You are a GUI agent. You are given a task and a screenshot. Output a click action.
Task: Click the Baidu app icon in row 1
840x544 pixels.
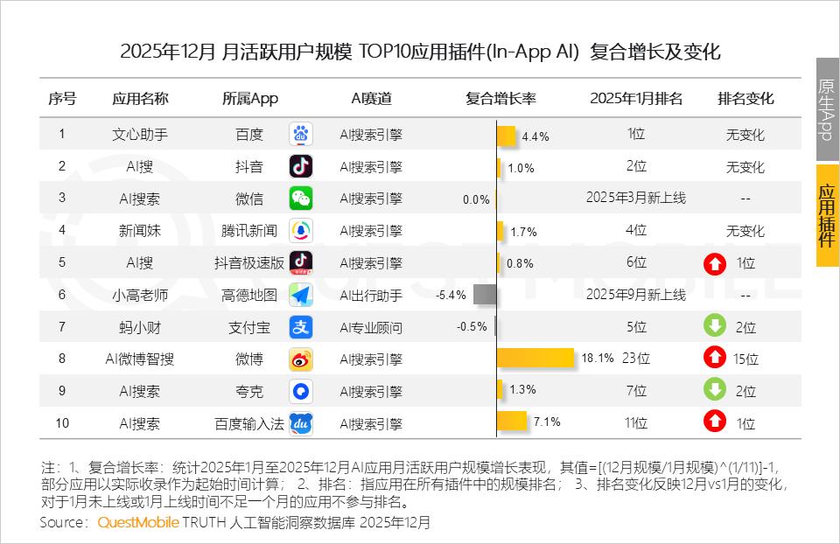click(301, 135)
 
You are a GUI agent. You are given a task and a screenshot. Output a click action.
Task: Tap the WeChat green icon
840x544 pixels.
click(301, 199)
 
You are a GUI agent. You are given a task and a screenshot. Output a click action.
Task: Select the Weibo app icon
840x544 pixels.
click(301, 359)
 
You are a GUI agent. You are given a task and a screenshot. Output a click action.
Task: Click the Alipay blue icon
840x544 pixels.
click(301, 327)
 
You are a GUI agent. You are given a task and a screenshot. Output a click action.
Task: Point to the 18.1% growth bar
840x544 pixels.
click(535, 359)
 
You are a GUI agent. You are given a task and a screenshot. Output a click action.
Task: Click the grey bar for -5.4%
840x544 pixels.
click(485, 295)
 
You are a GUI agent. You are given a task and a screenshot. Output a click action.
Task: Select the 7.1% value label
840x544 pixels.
click(546, 422)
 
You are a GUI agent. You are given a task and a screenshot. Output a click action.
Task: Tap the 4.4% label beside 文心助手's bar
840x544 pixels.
click(535, 136)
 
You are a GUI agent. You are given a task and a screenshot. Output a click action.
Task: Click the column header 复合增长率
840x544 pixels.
click(500, 98)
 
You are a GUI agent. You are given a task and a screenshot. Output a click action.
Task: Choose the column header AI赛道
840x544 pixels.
click(371, 98)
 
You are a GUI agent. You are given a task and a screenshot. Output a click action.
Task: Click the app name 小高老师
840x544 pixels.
click(140, 295)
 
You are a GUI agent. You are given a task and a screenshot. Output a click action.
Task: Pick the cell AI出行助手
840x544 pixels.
click(371, 296)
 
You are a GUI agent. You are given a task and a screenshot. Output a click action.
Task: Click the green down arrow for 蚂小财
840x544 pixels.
click(715, 326)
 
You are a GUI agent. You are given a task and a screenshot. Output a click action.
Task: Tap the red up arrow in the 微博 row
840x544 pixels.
click(715, 358)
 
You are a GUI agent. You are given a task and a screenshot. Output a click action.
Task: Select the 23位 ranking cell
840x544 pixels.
click(636, 359)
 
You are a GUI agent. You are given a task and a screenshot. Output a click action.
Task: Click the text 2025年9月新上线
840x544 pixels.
click(636, 295)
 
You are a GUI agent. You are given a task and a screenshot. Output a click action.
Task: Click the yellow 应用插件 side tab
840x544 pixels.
click(827, 215)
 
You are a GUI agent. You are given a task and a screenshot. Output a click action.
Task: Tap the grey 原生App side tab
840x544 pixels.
click(827, 110)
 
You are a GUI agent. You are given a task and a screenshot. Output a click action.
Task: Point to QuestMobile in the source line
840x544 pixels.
click(138, 523)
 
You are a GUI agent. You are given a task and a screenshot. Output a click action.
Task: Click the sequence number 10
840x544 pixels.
click(62, 423)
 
